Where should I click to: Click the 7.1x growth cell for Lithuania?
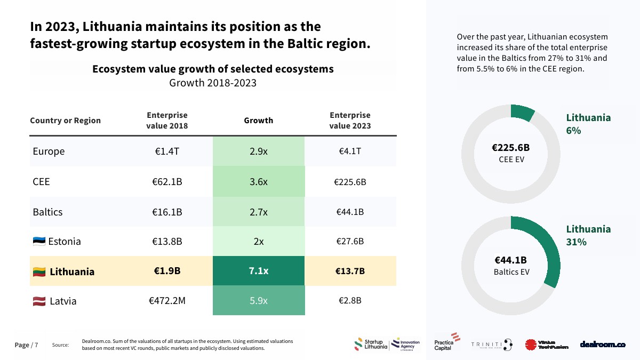click(259, 271)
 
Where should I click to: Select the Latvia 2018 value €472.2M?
click(167, 301)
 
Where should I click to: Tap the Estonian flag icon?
click(39, 242)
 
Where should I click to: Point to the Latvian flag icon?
click(39, 301)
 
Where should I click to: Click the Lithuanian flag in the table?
click(39, 272)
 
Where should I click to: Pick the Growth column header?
click(259, 121)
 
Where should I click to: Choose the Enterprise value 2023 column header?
click(350, 121)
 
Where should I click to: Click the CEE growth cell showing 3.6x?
click(259, 181)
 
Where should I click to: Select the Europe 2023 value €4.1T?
click(350, 151)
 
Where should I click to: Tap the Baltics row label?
click(47, 212)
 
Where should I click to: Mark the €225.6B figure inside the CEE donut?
click(510, 148)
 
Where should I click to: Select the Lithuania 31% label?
click(588, 235)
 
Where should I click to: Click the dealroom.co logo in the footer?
click(603, 345)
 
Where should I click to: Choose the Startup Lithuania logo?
click(371, 345)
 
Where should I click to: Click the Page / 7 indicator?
click(26, 345)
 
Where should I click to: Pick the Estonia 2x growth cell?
click(259, 242)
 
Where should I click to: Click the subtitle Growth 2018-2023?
click(213, 83)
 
